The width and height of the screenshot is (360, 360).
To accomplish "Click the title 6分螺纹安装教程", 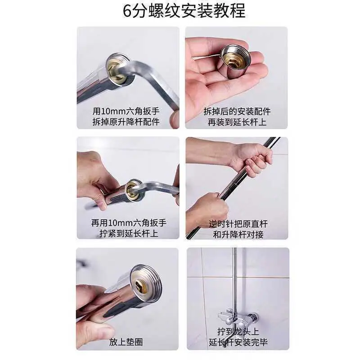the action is [x=184, y=10].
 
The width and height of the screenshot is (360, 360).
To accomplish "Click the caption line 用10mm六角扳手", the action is [x=126, y=111].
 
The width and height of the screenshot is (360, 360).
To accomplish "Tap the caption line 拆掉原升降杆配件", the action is [x=126, y=121].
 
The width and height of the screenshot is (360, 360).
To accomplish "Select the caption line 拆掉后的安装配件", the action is [x=237, y=111].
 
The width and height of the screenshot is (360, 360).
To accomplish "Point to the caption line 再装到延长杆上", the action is [x=237, y=121].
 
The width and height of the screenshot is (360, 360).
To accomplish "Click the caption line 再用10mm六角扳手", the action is [x=129, y=223].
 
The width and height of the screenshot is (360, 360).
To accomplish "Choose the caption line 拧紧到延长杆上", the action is [x=129, y=234].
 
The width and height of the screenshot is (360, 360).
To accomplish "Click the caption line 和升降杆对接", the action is [x=238, y=234].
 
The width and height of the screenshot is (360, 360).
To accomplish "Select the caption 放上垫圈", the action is [x=126, y=342].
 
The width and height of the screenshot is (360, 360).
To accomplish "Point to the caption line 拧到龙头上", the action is [x=238, y=332].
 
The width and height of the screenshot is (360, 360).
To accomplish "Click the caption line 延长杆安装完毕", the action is [x=238, y=342].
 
